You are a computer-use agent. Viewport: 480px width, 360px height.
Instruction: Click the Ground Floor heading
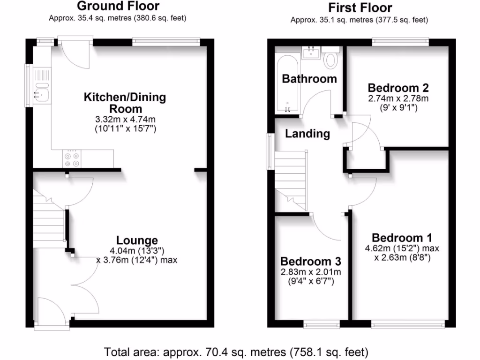(118, 6)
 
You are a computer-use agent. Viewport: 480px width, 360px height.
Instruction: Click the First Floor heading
(360, 7)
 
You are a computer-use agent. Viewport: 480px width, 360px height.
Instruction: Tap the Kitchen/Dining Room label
(125, 103)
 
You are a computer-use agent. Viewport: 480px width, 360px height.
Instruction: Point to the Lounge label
(137, 240)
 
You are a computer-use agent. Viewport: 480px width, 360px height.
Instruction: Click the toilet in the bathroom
(331, 60)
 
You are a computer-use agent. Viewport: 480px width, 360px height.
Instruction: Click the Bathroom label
(309, 79)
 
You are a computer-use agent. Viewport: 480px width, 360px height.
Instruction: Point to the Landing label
(307, 134)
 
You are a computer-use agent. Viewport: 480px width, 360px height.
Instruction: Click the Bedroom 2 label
(398, 88)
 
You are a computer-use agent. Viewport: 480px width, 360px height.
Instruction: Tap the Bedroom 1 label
(402, 238)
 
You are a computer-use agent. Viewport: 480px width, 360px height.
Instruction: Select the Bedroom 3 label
(310, 261)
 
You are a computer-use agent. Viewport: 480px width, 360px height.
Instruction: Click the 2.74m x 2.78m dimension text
(398, 99)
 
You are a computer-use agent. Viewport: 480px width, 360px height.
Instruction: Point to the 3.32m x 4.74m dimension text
(125, 120)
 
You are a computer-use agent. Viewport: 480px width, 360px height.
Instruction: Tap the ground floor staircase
(48, 218)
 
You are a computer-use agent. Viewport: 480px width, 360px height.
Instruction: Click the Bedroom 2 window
(401, 41)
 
